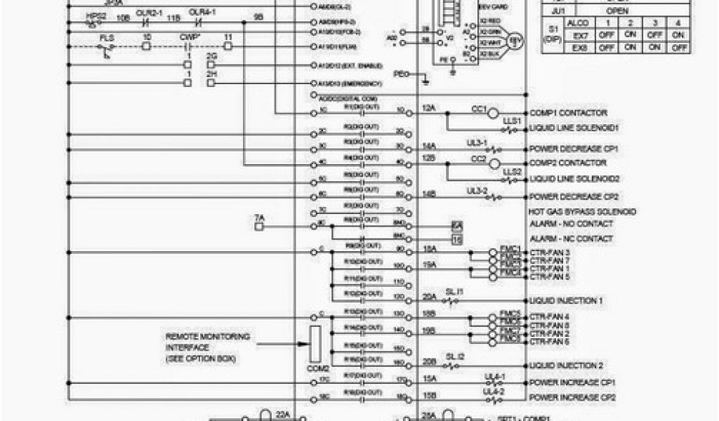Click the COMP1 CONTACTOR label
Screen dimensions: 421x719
pyautogui.click(x=567, y=112)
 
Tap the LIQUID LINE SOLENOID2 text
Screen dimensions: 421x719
pyautogui.click(x=574, y=179)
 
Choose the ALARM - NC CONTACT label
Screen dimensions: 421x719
pyautogui.click(x=570, y=239)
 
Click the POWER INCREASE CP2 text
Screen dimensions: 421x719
pyautogui.click(x=572, y=396)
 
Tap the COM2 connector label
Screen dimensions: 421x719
pyautogui.click(x=318, y=368)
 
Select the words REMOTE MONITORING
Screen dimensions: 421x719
pyautogui.click(x=198, y=337)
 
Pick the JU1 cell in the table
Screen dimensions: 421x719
pyautogui.click(x=558, y=11)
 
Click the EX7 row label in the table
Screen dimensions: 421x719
pyautogui.click(x=579, y=34)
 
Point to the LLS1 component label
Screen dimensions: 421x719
pyautogui.click(x=511, y=121)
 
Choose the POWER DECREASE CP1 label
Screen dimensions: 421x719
pyautogui.click(x=572, y=149)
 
